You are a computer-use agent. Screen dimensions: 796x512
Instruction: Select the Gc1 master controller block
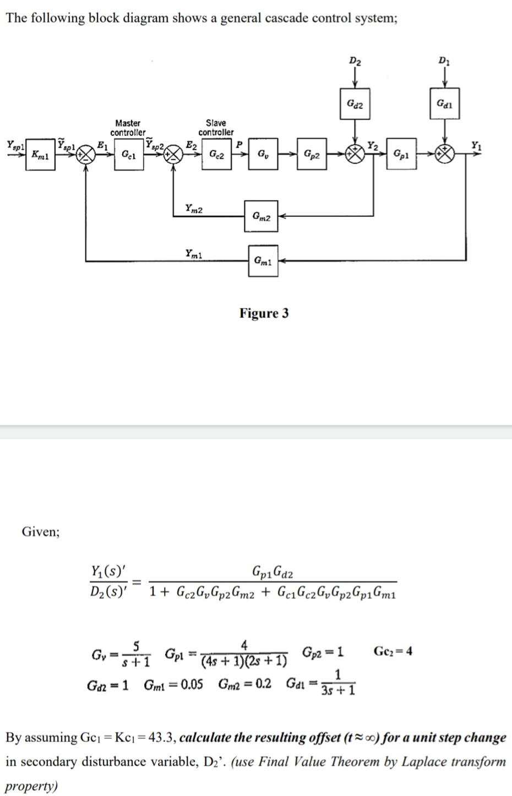tap(128, 155)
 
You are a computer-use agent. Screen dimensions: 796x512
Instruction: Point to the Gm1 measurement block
tap(263, 261)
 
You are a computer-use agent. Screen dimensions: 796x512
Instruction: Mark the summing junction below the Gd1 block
tap(445, 154)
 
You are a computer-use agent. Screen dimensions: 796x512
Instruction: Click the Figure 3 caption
tap(264, 313)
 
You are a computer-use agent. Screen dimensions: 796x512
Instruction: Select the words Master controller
tap(128, 128)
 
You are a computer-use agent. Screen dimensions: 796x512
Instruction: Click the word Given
tap(41, 531)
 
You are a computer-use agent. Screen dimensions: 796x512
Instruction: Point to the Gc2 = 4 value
tap(393, 651)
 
